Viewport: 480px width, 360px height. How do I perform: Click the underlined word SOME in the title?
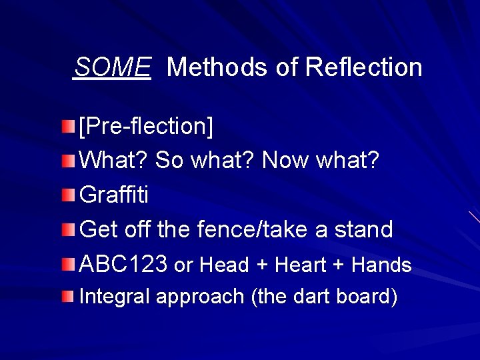pyautogui.click(x=112, y=67)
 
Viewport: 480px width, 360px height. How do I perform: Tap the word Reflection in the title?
pyautogui.click(x=363, y=67)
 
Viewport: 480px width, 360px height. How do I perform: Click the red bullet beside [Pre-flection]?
pyautogui.click(x=68, y=125)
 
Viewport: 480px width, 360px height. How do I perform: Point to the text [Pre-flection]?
pyautogui.click(x=146, y=125)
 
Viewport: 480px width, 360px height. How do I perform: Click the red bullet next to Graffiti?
pyautogui.click(x=68, y=195)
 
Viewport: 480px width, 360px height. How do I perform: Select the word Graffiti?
pyautogui.click(x=114, y=195)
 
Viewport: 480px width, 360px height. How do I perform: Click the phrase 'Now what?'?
pyautogui.click(x=321, y=160)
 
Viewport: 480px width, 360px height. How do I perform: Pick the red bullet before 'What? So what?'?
pyautogui.click(x=68, y=160)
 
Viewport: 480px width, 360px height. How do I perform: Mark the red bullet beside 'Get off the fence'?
pyautogui.click(x=68, y=230)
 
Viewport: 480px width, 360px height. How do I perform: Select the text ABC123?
pyautogui.click(x=123, y=265)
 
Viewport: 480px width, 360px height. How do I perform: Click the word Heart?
pyautogui.click(x=300, y=265)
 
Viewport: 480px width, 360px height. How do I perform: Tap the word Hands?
pyautogui.click(x=381, y=265)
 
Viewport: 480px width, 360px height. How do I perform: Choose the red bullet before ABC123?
pyautogui.click(x=68, y=265)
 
